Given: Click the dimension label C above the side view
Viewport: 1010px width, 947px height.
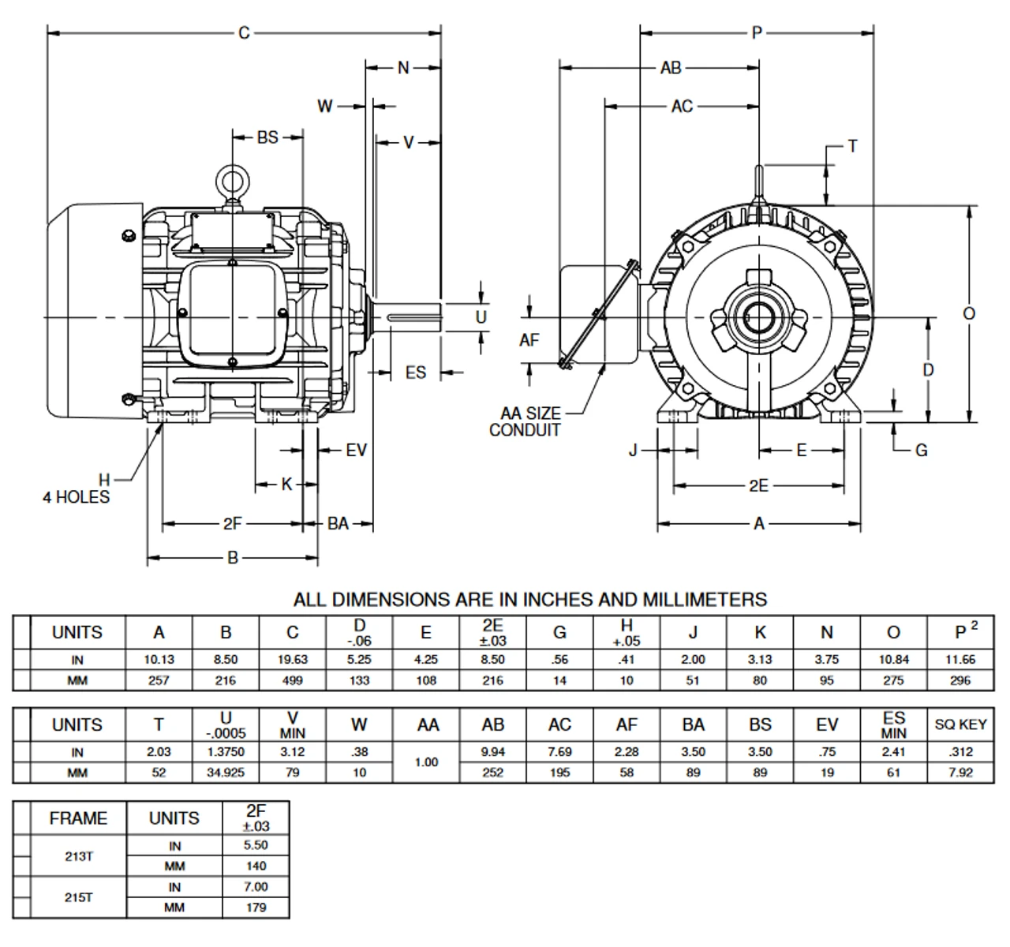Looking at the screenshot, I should point(244,32).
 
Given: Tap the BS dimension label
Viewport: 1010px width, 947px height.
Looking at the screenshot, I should point(267,137).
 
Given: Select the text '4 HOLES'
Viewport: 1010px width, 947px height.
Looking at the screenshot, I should point(76,497).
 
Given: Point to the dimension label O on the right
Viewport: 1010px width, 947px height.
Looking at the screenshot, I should point(969,313).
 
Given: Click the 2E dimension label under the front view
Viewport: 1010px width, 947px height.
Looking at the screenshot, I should point(758,485).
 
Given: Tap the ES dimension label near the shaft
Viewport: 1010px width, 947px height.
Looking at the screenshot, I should point(416,372).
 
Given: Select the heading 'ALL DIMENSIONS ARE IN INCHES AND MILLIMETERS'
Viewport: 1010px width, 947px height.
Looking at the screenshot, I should point(529,599).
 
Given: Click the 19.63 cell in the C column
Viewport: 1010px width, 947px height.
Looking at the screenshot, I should point(293,660).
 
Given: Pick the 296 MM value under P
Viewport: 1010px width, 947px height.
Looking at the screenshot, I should point(960,680).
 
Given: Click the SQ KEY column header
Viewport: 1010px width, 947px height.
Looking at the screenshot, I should point(960,724).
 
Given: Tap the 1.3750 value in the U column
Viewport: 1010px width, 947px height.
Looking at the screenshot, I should point(226,752).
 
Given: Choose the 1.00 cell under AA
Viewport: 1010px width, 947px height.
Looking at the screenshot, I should point(426,762).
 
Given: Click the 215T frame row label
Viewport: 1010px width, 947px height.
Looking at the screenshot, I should point(78,897).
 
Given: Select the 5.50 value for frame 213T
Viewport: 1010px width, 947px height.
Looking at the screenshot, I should point(256,845).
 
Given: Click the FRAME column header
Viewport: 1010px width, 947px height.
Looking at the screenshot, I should point(78,818).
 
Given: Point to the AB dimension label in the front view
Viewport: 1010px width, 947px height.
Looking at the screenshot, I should point(671,69).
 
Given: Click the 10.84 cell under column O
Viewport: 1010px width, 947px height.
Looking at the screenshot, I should point(893,660).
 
